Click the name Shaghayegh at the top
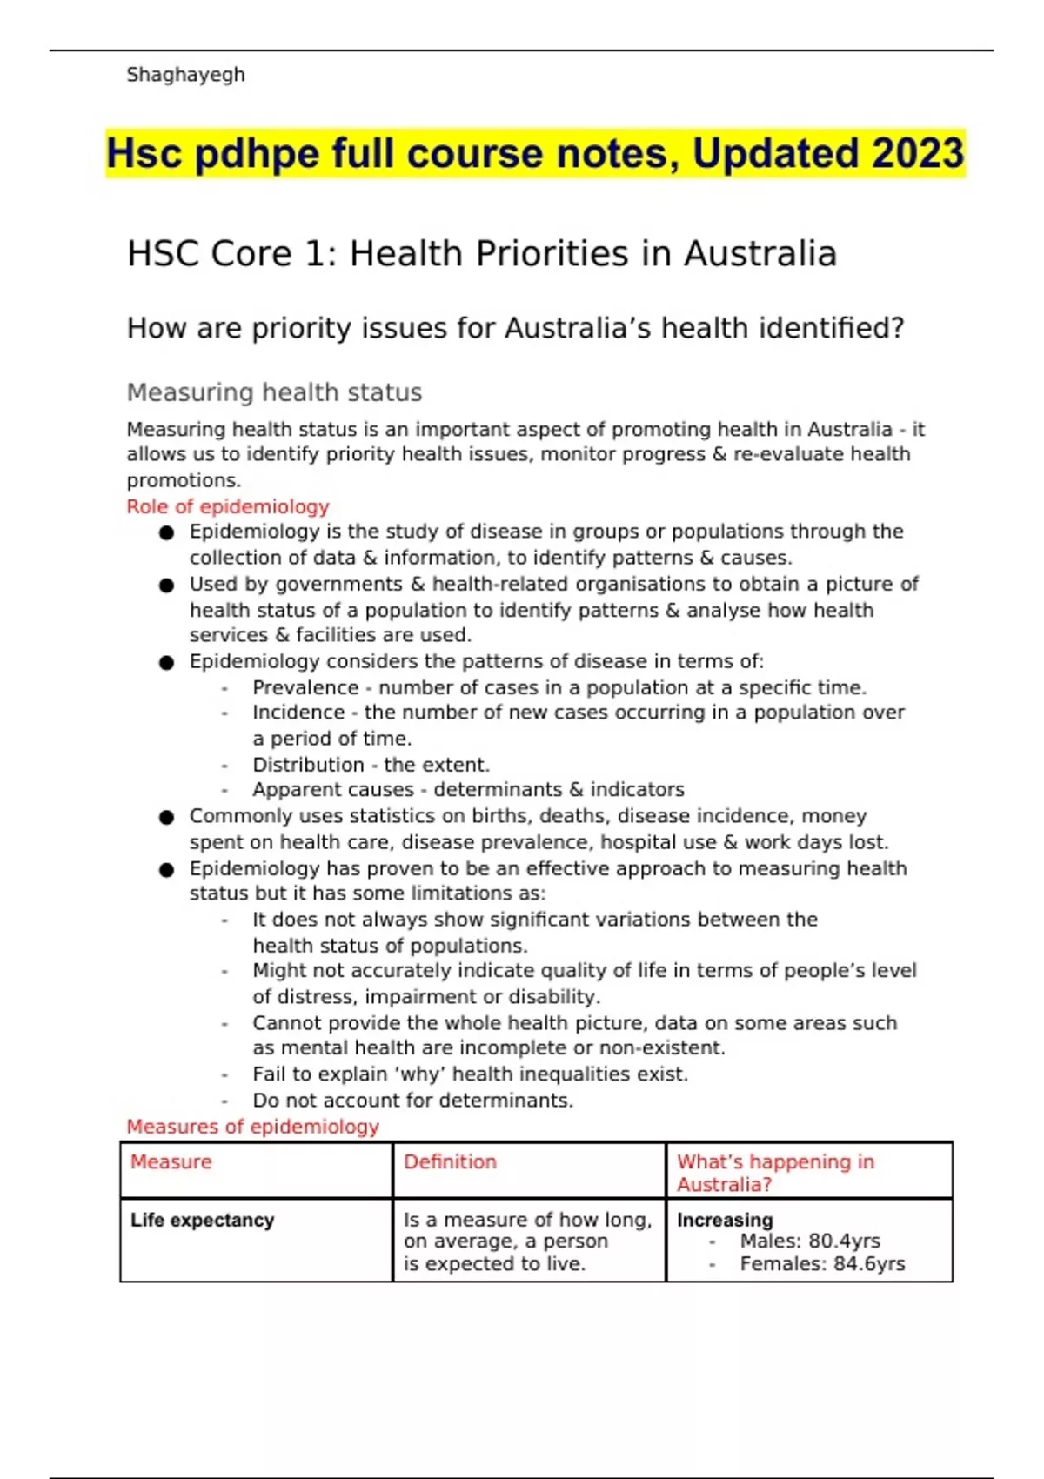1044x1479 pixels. pos(185,75)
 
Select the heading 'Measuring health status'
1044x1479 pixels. pos(274,392)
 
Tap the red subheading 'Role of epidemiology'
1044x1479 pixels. pos(228,506)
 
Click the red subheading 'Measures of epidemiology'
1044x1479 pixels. pos(252,1127)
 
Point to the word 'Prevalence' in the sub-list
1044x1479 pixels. pos(305,687)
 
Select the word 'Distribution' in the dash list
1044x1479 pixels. pos(308,765)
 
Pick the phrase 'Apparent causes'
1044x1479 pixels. pos(333,790)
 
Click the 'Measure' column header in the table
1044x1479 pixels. pos(171,1162)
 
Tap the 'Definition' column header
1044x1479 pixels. pos(450,1162)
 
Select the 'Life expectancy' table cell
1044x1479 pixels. pos(202,1221)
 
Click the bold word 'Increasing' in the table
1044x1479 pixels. pos(725,1221)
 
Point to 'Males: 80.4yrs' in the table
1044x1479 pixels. pos(810,1241)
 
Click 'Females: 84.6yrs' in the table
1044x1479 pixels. pos(822,1264)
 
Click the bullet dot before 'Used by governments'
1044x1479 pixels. pos(167,586)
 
